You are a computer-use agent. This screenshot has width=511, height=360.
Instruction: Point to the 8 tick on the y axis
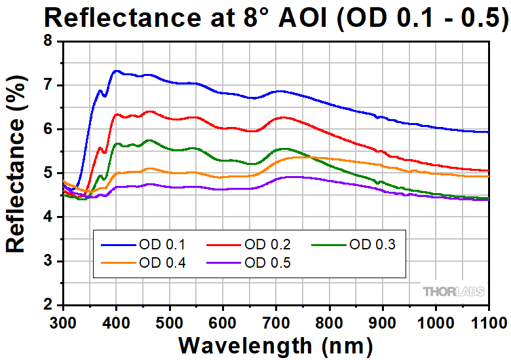(x=48, y=41)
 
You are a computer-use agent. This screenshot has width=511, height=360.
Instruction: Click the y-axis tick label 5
(x=48, y=173)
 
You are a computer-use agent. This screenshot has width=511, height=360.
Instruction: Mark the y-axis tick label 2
(x=48, y=306)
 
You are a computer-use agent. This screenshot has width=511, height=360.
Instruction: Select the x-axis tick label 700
(x=276, y=322)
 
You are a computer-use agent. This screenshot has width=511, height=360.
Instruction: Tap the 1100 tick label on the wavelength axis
(x=488, y=322)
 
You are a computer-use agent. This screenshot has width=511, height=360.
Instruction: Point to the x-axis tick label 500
(x=169, y=322)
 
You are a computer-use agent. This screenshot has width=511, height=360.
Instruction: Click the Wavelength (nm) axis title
(x=276, y=344)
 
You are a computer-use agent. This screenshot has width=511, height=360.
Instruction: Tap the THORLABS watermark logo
(x=454, y=291)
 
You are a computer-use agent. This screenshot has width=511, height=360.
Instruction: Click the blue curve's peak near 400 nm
(x=117, y=71)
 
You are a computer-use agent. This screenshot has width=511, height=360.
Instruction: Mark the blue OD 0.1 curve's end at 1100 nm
(x=488, y=132)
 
